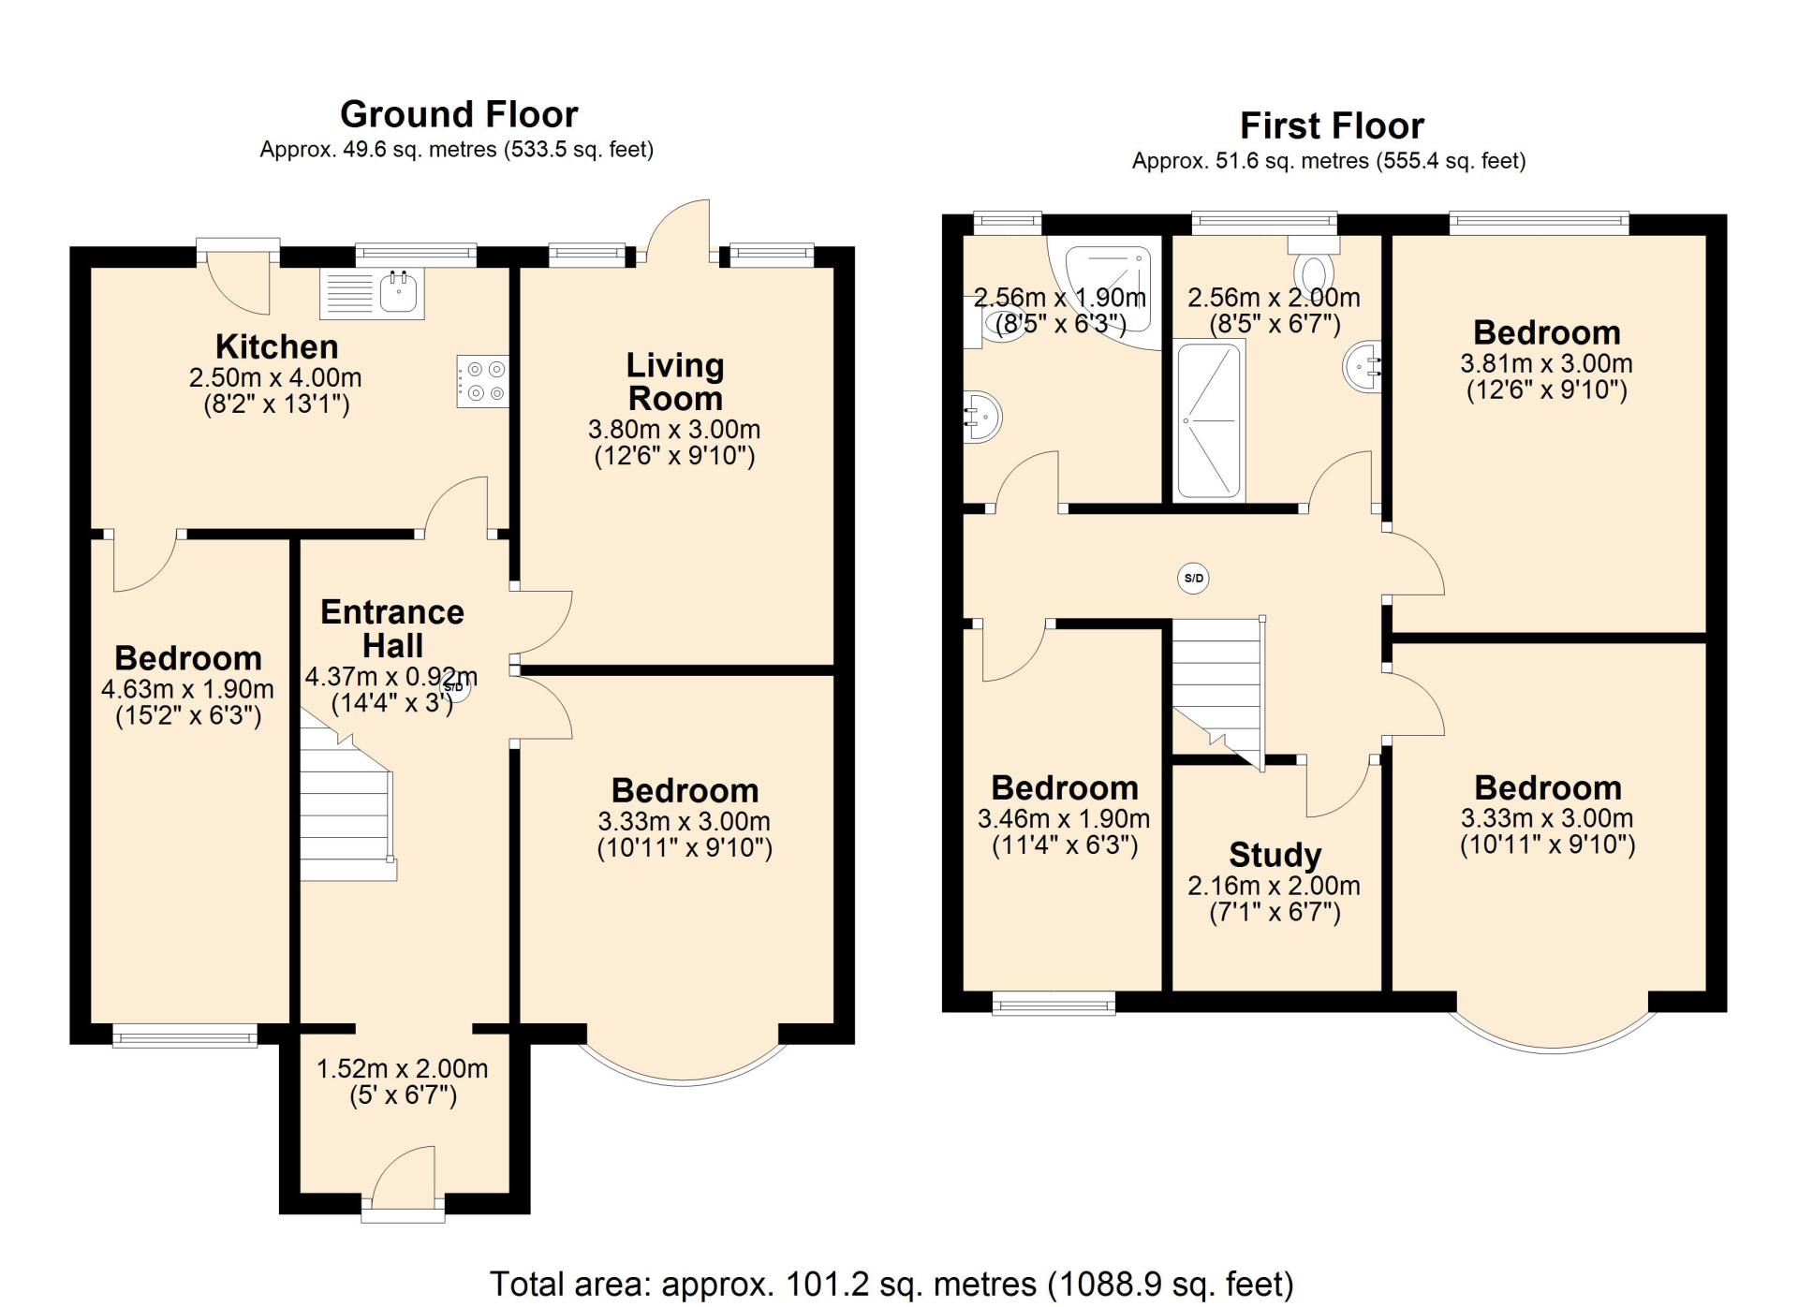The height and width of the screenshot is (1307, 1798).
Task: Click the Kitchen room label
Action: pyautogui.click(x=276, y=346)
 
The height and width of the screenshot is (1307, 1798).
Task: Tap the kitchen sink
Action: pyautogui.click(x=373, y=292)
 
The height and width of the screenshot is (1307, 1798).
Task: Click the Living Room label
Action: pyautogui.click(x=675, y=382)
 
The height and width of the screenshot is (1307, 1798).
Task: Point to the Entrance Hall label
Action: pyautogui.click(x=392, y=629)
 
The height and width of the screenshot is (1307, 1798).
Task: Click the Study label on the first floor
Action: pyautogui.click(x=1275, y=855)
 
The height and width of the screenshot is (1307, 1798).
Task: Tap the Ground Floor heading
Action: pyautogui.click(x=459, y=114)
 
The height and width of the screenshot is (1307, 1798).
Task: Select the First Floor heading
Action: pyautogui.click(x=1332, y=125)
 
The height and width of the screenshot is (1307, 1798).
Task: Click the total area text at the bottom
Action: pyautogui.click(x=892, y=1284)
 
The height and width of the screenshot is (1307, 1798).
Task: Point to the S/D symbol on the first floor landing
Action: pyautogui.click(x=1193, y=578)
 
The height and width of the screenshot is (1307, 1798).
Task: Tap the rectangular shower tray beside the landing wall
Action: pyautogui.click(x=1211, y=419)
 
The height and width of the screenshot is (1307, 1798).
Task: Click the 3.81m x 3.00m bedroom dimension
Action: pyautogui.click(x=1546, y=364)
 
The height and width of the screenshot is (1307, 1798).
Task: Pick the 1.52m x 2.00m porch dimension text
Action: pyautogui.click(x=402, y=1068)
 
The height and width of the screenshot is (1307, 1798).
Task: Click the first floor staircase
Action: pyautogui.click(x=1218, y=693)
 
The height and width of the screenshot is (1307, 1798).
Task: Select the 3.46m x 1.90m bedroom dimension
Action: pyautogui.click(x=1064, y=819)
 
